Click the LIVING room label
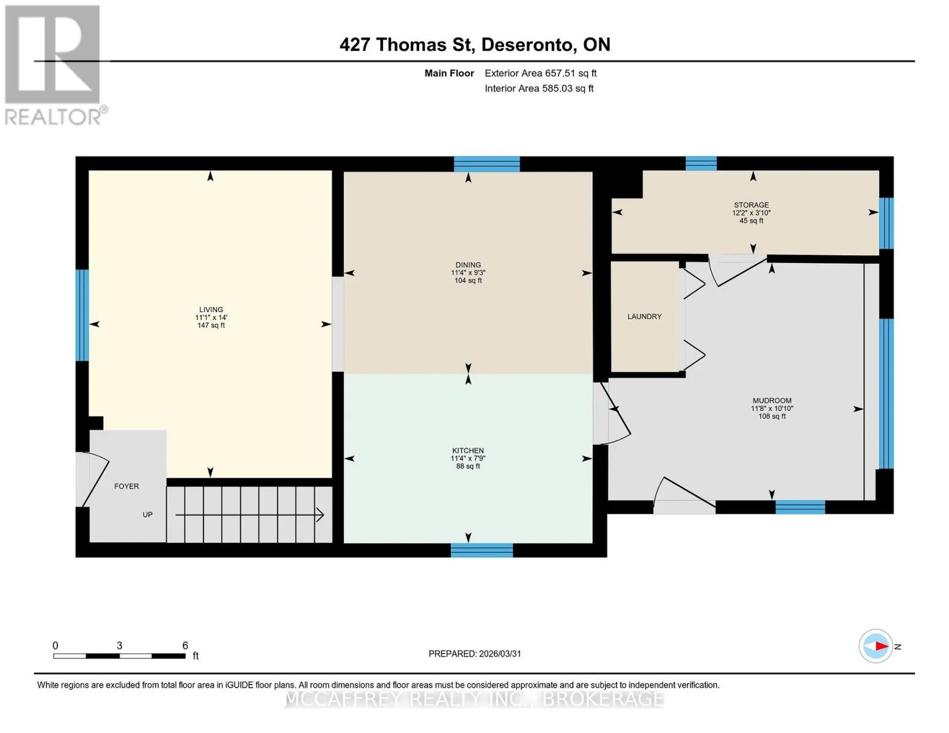[x=211, y=310]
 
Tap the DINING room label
[x=468, y=265]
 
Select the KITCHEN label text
[x=468, y=451]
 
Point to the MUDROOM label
[x=772, y=401]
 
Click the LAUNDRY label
[x=645, y=316]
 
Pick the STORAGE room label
[x=752, y=205]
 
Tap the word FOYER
[x=126, y=486]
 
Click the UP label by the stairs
[x=148, y=515]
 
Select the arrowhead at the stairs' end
[x=320, y=515]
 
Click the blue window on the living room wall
[x=82, y=315]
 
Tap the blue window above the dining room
[x=487, y=164]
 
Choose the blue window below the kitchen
[x=482, y=550]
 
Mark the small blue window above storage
[x=701, y=164]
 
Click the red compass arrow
[x=882, y=646]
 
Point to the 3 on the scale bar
[x=119, y=646]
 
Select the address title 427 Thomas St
[x=408, y=45]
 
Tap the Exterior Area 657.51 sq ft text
[x=541, y=73]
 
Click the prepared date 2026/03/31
[x=500, y=654]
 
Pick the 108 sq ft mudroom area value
[x=772, y=417]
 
